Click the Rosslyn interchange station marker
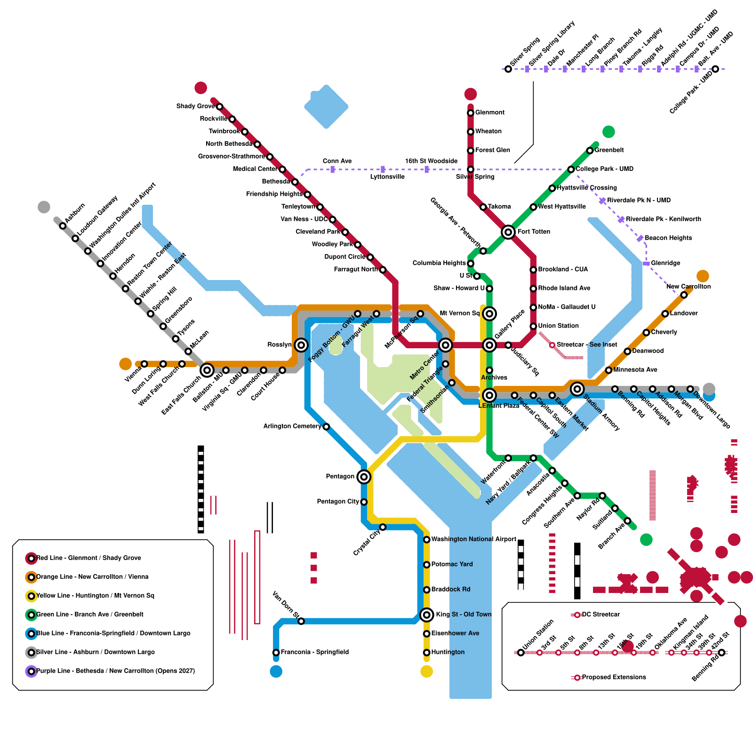pos(301,345)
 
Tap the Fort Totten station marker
pos(508,232)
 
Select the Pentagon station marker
pos(363,477)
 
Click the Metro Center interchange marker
pos(445,345)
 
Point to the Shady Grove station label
pos(195,106)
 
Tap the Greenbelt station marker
pos(590,151)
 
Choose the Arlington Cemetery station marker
pos(326,426)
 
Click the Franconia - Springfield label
pos(314,652)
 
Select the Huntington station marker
pos(426,652)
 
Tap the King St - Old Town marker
pos(426,615)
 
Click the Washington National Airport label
pos(473,539)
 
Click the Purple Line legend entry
pos(115,671)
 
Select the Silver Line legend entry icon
pos(31,652)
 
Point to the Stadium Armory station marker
pos(577,389)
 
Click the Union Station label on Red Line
pos(558,326)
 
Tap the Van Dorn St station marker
pos(301,621)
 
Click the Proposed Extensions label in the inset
pos(614,677)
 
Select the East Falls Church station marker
pos(207,370)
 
